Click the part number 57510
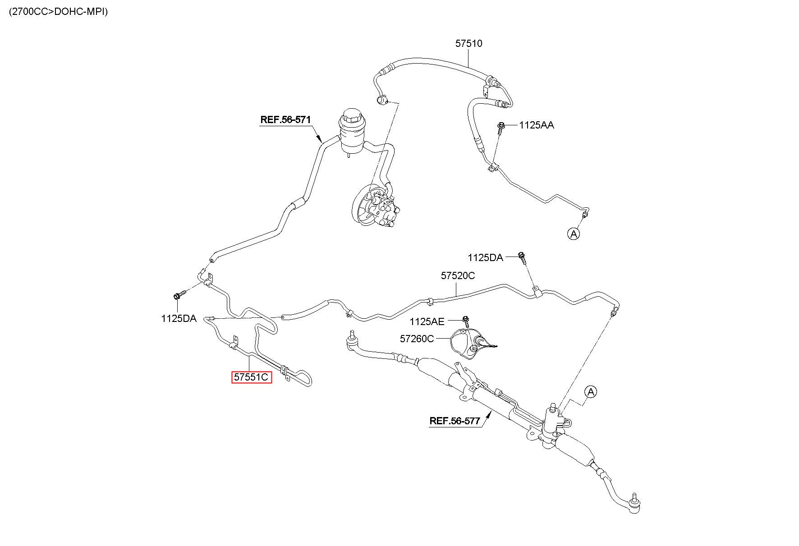468,44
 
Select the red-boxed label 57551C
252,377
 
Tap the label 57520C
458,275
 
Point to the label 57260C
417,338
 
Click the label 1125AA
537,125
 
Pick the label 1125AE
427,321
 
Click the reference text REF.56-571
285,120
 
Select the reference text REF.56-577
455,421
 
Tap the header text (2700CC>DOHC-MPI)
58,12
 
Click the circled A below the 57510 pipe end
574,234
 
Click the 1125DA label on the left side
179,318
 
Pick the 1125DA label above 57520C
485,257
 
